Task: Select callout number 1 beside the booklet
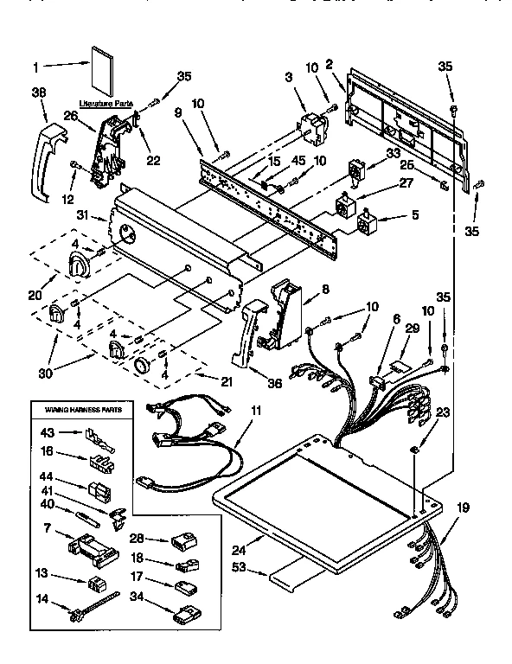(x=35, y=66)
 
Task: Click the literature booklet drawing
(x=102, y=73)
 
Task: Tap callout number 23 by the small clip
(x=445, y=412)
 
